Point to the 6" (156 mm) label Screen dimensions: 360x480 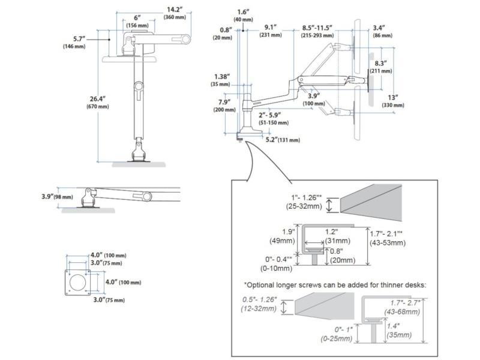(x=137, y=21)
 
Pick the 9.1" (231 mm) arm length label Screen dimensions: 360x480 (x=271, y=31)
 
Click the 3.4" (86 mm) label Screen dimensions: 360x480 (x=379, y=31)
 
